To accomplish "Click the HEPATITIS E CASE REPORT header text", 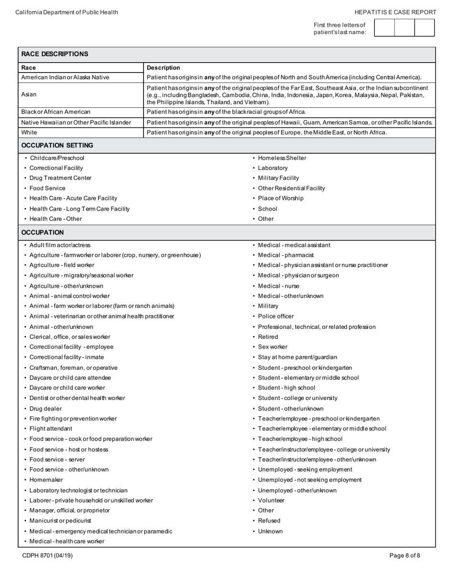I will [x=395, y=12].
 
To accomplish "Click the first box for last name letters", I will [x=384, y=28].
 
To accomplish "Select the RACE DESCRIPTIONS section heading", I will [x=55, y=54].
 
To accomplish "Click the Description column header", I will [x=164, y=68].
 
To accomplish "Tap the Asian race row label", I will [x=29, y=94].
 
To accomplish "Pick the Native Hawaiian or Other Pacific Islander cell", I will [x=76, y=122].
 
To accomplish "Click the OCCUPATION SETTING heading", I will [x=57, y=145].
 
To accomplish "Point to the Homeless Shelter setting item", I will [x=282, y=158].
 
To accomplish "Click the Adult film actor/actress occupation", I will [x=60, y=245].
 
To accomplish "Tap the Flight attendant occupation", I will [x=51, y=429].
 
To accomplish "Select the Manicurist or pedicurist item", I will [x=60, y=521].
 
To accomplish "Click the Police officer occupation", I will [x=276, y=316].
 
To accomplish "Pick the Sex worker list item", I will [x=272, y=347].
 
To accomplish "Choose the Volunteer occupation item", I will [x=271, y=500].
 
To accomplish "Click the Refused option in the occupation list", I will [x=269, y=521].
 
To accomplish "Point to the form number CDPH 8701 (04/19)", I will [x=47, y=556].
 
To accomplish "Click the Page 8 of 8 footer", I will [x=404, y=556].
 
